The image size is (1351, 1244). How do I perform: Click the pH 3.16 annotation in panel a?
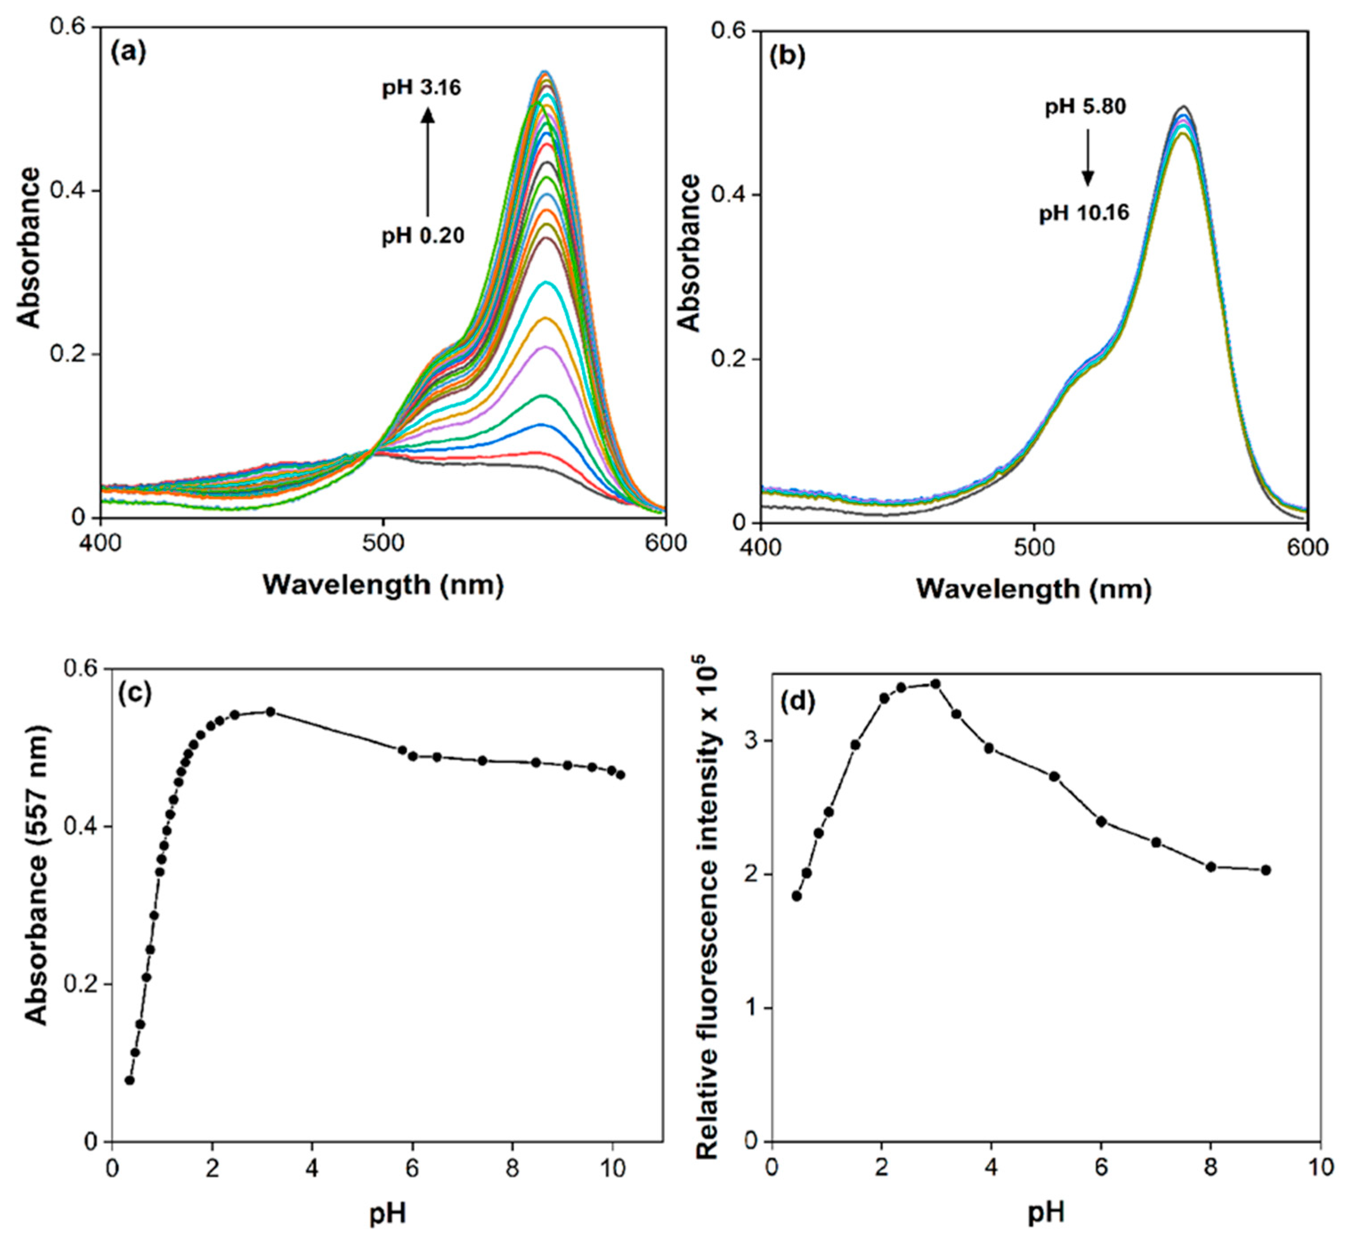(x=422, y=88)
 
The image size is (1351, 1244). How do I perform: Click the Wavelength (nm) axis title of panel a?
(x=383, y=584)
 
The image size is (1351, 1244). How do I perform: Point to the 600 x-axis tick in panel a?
(x=665, y=543)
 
